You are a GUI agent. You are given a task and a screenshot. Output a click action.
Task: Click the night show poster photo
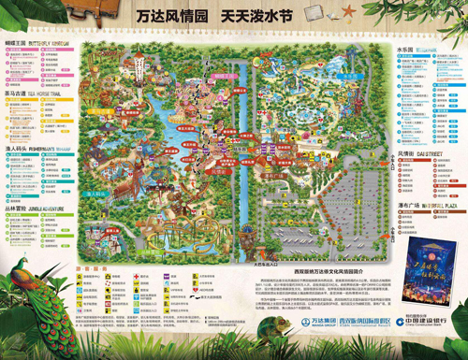(x=424, y=266)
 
